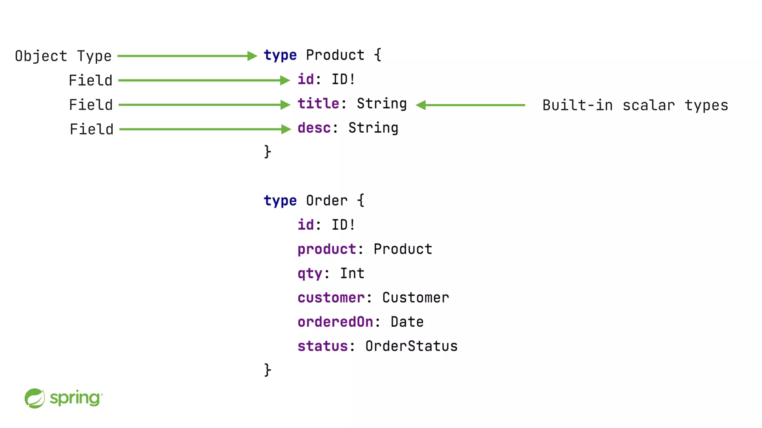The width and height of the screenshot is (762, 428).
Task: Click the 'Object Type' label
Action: coord(63,56)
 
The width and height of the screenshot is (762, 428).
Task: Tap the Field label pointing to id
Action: coord(90,81)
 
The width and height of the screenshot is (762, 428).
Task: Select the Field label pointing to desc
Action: coord(92,129)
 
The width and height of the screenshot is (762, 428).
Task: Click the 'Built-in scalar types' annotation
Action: coord(635,106)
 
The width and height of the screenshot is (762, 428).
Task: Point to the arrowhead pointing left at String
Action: coord(420,105)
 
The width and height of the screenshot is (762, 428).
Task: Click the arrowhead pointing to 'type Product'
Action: coord(252,56)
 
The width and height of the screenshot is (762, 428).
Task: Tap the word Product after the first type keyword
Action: coord(335,55)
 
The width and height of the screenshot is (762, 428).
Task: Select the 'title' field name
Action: coord(318,104)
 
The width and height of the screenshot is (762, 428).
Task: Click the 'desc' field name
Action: coord(314,128)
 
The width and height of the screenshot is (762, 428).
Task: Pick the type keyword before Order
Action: coord(280,201)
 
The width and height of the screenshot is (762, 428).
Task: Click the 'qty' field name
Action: coord(310,274)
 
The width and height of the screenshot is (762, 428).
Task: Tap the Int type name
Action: coord(352,274)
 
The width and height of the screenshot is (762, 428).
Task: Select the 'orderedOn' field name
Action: coord(335,322)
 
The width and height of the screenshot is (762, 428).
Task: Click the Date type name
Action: coord(407,322)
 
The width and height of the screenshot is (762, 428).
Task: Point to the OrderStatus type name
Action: coord(411,346)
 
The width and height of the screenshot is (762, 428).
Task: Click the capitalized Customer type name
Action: coord(416,298)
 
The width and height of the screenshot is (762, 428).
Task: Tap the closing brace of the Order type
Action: coord(268,370)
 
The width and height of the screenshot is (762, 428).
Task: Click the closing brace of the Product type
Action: coord(268,152)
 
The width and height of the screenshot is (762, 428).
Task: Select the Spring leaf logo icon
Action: coord(35,398)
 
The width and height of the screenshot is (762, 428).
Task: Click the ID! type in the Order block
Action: coord(343,225)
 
